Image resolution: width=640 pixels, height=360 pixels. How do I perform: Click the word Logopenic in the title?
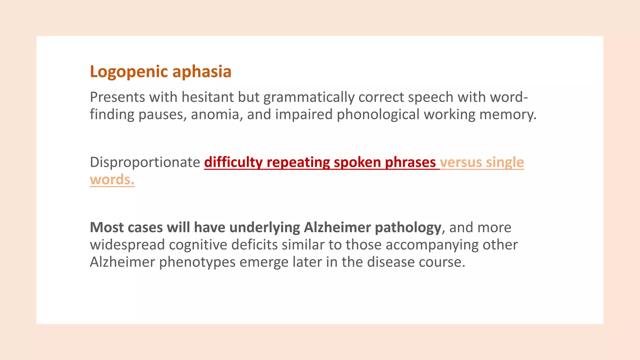[x=129, y=72]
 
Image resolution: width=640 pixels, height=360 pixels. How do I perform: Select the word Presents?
[x=117, y=97]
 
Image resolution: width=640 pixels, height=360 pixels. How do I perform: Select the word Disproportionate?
[x=145, y=162]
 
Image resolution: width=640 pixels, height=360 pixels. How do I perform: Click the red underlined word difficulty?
[x=233, y=162]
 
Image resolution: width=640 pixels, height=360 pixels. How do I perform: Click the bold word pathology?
[x=408, y=228]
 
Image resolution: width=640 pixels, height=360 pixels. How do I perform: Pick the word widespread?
[x=127, y=245]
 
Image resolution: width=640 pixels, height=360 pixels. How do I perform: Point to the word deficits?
[x=254, y=245]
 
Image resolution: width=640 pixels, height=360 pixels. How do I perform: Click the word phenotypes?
[x=197, y=262]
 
